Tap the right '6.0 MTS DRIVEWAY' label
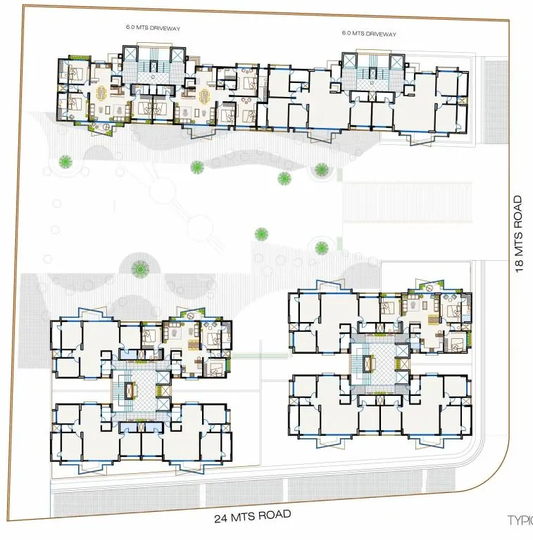[x=369, y=33]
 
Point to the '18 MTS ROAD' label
[x=520, y=234]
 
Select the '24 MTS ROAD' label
[x=252, y=516]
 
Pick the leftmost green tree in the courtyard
[x=65, y=161]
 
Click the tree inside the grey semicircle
[x=141, y=267]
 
